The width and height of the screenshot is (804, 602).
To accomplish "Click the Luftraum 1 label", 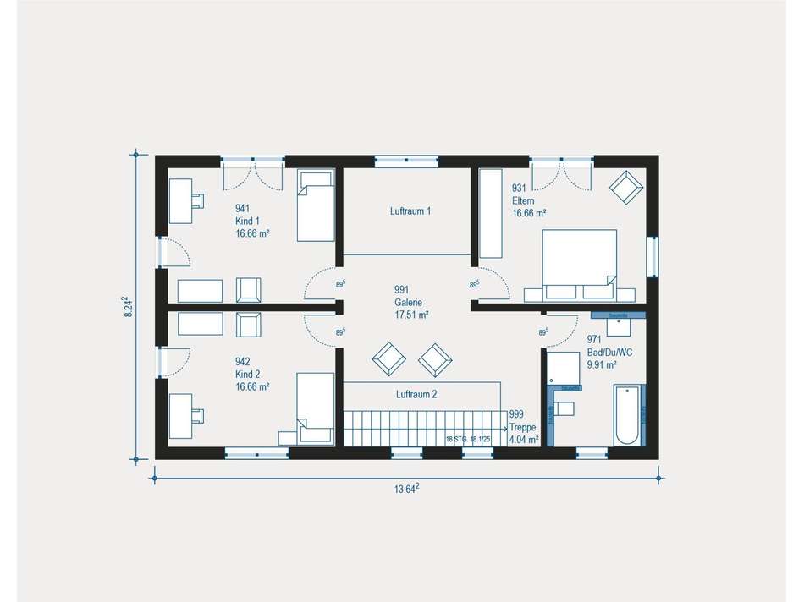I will coord(410,211).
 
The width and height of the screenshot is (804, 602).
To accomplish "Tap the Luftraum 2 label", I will coord(416,394).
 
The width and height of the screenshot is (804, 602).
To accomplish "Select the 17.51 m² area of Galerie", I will coord(411,315).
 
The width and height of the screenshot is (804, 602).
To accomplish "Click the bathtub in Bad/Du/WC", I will coord(627,415).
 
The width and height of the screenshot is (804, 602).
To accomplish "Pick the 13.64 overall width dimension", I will coord(408,489).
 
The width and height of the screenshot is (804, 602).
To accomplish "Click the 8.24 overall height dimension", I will coord(127,306).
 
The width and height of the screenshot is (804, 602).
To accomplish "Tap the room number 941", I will coord(244,208).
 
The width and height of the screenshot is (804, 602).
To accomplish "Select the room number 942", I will coord(244,361).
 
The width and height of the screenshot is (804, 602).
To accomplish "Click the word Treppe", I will coord(523,427).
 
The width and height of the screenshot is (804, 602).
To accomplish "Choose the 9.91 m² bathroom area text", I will coord(602,364).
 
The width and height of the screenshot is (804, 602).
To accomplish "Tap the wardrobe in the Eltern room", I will coord(490,213).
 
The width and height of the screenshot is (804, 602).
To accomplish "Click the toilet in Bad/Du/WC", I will coord(564,409).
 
